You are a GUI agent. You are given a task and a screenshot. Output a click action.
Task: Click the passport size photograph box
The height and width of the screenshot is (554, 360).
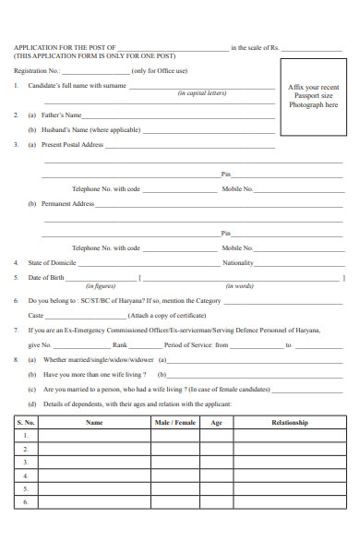point(314,97)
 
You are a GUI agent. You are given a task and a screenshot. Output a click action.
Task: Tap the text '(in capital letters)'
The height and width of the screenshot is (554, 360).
point(201,93)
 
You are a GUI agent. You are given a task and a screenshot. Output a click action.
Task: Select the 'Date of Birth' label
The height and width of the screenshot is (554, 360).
point(46,277)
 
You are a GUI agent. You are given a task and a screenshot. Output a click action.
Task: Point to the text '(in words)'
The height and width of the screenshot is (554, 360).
point(239,286)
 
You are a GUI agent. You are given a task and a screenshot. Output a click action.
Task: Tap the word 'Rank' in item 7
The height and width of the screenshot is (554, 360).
point(120,344)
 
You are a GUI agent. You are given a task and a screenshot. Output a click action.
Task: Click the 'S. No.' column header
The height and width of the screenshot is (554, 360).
point(25,422)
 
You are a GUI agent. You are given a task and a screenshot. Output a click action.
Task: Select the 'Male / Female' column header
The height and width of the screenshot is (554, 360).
point(175,422)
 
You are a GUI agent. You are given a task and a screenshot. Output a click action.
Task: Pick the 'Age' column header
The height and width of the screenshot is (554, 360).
point(217,422)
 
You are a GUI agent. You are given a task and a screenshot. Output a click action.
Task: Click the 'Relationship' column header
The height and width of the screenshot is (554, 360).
point(289,422)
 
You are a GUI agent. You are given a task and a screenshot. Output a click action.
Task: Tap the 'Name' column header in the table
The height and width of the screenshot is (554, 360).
point(94,422)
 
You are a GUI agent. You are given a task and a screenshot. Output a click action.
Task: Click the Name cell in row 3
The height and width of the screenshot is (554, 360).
point(94,462)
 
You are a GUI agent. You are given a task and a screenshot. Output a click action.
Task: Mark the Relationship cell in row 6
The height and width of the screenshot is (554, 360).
point(289,501)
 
